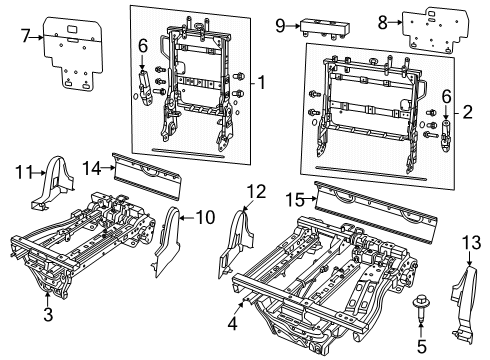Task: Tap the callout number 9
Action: coord(282,24)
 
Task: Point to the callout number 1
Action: coord(262,81)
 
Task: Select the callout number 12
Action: coord(257,191)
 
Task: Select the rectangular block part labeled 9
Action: coord(324,25)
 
